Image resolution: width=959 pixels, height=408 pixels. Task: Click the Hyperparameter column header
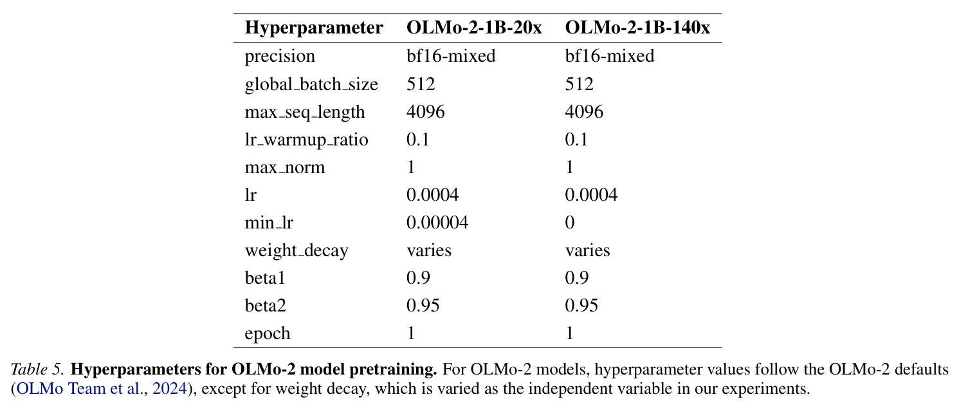(x=314, y=28)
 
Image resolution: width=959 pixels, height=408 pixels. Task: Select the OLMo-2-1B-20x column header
(x=474, y=28)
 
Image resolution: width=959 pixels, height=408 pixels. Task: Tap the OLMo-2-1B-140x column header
(x=637, y=28)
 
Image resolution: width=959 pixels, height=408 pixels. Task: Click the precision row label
(x=280, y=57)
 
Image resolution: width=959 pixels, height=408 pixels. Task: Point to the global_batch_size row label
(x=311, y=84)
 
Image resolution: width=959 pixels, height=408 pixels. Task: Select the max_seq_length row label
(x=305, y=112)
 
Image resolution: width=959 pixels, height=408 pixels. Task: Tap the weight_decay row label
(x=297, y=251)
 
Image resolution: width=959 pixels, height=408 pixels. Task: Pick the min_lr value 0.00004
(x=437, y=223)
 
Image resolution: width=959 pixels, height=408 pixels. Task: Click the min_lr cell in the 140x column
(x=570, y=223)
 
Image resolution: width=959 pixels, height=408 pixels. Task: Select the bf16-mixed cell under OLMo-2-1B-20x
(x=451, y=56)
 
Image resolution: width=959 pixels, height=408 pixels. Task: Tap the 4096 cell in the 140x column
(x=584, y=112)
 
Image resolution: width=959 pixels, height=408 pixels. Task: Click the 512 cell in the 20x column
(x=421, y=84)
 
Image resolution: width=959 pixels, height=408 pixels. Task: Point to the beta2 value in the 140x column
(x=581, y=306)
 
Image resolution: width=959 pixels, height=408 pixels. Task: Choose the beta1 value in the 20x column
(x=418, y=278)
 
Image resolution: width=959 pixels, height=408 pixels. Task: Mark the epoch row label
(x=268, y=334)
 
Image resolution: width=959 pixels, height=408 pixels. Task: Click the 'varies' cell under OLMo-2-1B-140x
(x=587, y=250)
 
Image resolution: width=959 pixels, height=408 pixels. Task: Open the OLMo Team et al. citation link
(x=79, y=389)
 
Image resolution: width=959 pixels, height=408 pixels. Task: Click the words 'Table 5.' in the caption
(x=37, y=369)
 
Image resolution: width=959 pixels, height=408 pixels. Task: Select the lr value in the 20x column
(x=432, y=195)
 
